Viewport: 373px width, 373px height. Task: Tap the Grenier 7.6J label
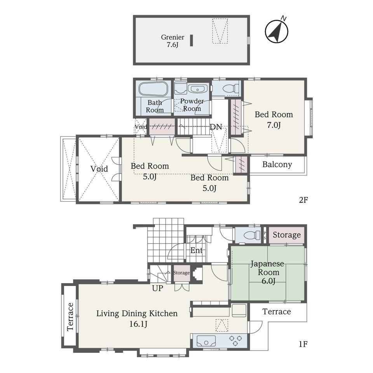(173, 41)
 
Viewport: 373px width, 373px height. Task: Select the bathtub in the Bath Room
(153, 89)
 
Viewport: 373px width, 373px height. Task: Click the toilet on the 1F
(251, 235)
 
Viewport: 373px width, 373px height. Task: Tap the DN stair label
(216, 127)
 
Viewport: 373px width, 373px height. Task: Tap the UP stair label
(157, 288)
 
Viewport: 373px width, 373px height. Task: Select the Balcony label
(277, 164)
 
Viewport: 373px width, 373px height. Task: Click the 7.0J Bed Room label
(274, 119)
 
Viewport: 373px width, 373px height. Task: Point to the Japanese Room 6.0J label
(267, 272)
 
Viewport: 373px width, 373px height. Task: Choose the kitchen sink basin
(206, 340)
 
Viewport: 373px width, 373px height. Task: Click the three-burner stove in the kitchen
(235, 340)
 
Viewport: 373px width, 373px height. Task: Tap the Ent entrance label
(197, 250)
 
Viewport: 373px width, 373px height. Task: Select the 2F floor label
(303, 200)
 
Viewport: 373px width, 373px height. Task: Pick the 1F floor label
(303, 344)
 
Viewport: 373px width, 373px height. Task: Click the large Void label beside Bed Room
(99, 169)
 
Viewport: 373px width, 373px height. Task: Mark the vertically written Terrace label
(70, 317)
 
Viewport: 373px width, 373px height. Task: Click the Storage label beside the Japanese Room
(287, 235)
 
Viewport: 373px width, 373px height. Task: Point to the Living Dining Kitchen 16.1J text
(137, 319)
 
